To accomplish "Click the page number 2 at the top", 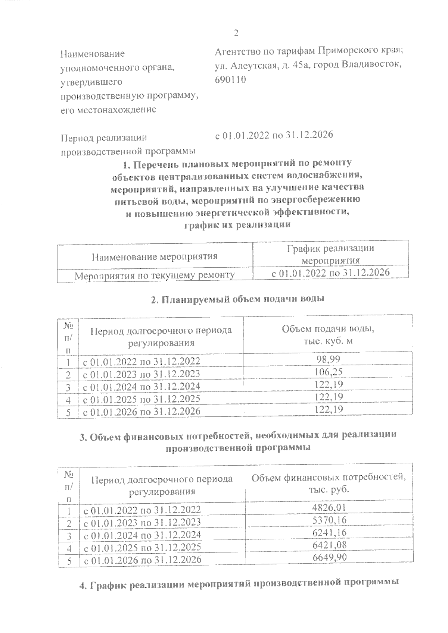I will point(236,33).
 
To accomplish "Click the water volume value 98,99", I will point(328,359).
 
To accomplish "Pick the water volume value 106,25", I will point(328,372).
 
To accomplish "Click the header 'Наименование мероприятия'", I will point(155,256).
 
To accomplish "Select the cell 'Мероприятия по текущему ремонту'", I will point(155,275).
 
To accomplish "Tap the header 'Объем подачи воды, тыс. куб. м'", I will point(328,335).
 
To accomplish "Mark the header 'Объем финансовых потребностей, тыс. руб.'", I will point(329,483).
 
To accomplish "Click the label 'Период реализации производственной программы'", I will point(128,144).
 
